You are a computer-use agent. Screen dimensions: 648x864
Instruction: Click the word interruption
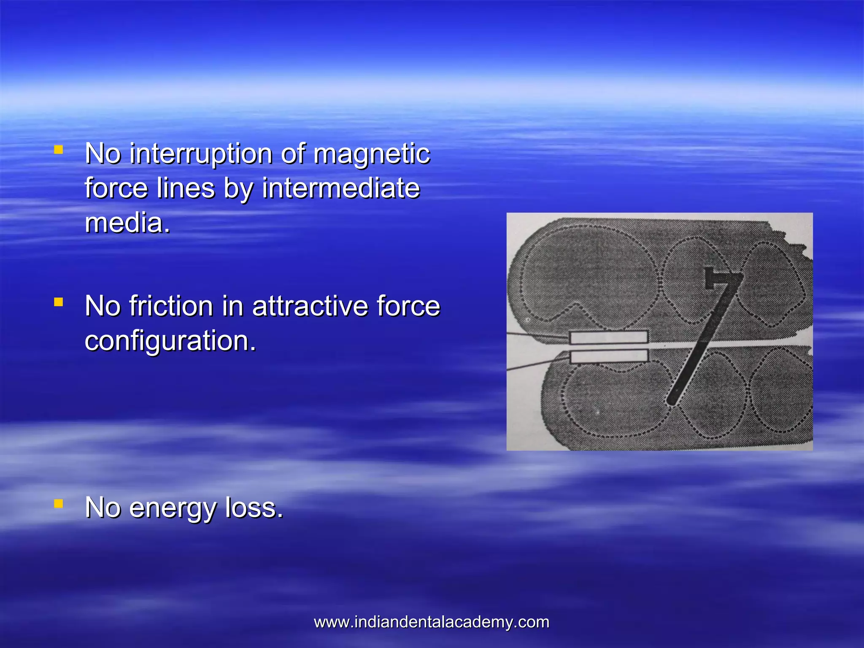point(201,154)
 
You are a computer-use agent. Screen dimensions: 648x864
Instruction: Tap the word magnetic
point(371,154)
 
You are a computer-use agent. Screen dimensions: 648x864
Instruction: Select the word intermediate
point(341,188)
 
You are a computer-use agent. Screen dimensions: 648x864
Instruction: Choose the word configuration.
point(170,341)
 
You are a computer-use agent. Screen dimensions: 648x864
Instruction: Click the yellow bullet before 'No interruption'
point(59,150)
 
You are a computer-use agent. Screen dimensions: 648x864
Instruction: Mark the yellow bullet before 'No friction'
point(59,302)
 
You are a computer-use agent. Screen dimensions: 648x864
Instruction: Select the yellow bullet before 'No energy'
point(59,504)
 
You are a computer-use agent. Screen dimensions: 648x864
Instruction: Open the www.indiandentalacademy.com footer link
point(432,622)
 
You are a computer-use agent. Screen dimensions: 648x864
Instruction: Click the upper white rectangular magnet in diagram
point(608,337)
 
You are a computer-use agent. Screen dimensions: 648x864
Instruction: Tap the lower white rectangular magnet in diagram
point(608,356)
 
